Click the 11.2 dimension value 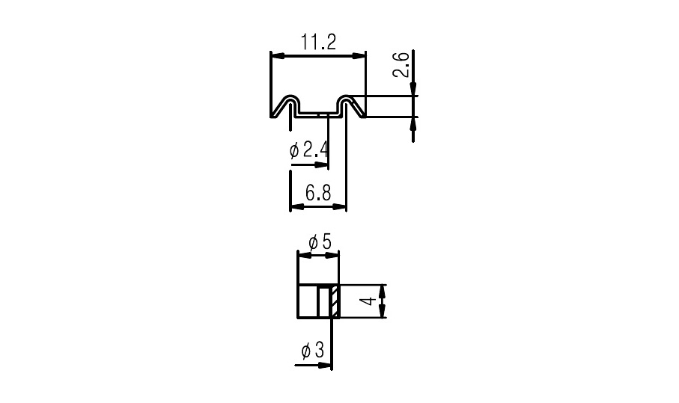318,43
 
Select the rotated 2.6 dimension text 401,64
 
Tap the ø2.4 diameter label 308,150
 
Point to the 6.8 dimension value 318,193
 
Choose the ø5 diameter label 320,242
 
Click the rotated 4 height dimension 368,301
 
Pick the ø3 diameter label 313,350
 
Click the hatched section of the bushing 335,301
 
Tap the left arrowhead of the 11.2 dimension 278,56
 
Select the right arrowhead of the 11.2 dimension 359,56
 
